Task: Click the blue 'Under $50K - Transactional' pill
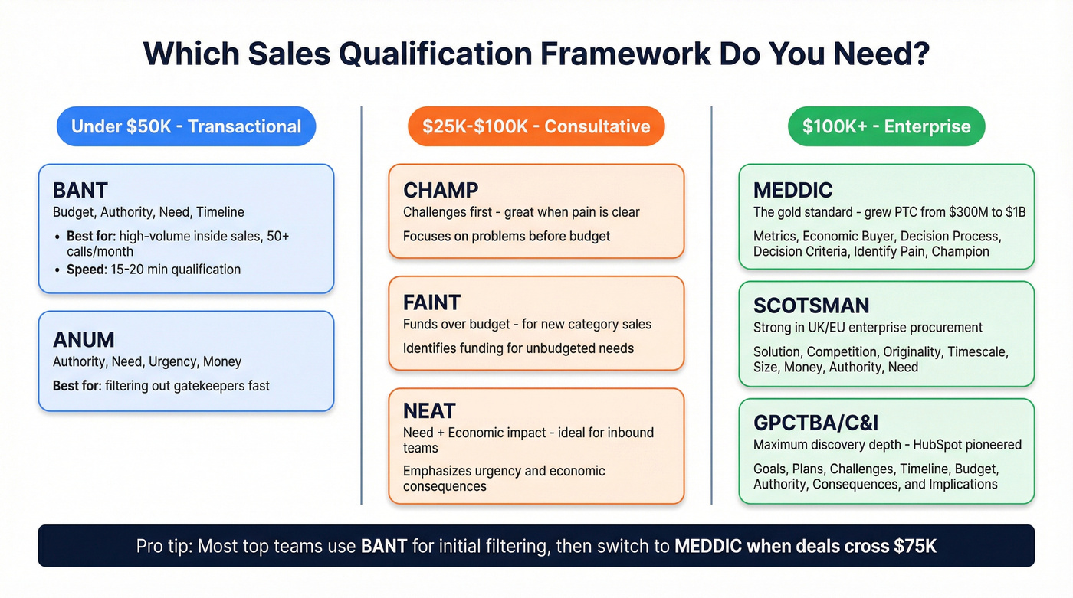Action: [186, 126]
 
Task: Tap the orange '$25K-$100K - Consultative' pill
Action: [536, 126]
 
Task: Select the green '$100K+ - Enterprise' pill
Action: [886, 126]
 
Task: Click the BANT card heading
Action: [80, 190]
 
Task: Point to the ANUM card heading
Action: [84, 339]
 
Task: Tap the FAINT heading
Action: [432, 302]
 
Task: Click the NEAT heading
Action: [429, 411]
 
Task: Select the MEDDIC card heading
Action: [793, 190]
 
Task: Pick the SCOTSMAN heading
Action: [811, 306]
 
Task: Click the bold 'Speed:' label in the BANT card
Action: [86, 270]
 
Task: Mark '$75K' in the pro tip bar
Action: [914, 546]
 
